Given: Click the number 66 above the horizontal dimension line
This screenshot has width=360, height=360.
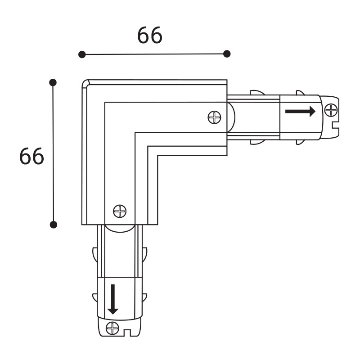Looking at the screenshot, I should (150, 36).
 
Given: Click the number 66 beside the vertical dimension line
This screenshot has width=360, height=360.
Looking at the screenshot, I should (31, 156).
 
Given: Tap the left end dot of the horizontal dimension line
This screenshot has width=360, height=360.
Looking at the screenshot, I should (82, 54).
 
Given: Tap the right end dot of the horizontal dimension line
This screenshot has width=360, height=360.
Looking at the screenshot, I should (227, 54).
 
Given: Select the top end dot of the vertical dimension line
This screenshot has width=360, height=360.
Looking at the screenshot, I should (53, 82).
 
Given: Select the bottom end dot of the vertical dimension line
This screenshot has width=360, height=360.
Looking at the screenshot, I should (53, 224).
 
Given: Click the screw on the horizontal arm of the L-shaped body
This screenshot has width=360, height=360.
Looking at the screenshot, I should (214, 117).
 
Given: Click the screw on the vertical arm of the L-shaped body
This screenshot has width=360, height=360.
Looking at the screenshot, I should (120, 211).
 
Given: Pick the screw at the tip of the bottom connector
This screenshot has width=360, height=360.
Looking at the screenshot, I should (111, 328).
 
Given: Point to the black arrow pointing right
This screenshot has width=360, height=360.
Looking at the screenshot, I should (300, 111).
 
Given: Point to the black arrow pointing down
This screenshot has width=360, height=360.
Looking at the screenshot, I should (112, 299).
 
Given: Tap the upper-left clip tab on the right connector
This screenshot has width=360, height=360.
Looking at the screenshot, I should (256, 92).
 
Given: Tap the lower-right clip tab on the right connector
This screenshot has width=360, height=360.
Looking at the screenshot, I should (300, 142).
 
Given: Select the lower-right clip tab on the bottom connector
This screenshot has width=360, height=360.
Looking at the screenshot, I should (144, 297).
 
